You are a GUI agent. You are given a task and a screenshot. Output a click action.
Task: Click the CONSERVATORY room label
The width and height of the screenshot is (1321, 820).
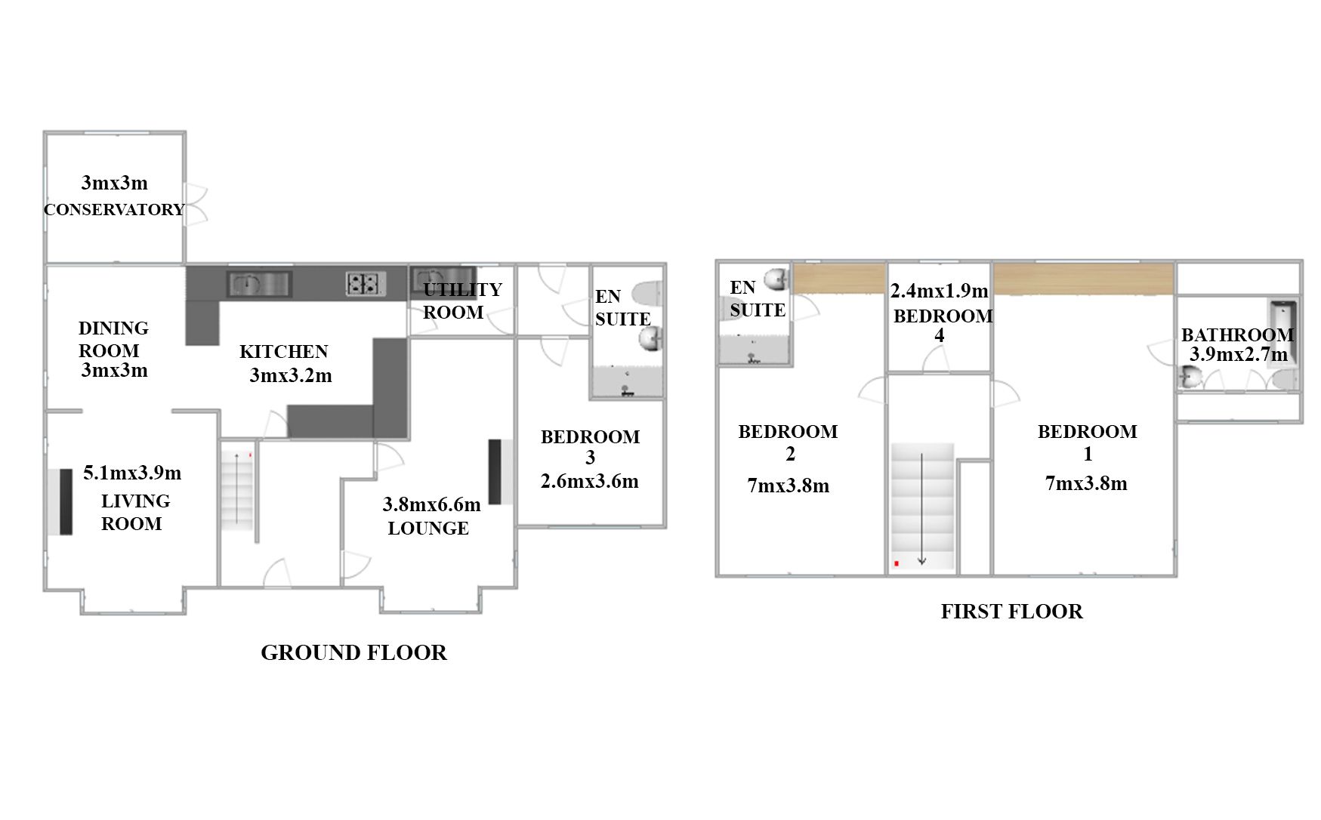coord(114,209)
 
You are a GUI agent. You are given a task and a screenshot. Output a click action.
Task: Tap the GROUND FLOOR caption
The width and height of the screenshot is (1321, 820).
coord(353,652)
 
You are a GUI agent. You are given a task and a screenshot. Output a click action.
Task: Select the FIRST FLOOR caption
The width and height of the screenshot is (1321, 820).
coord(1011,611)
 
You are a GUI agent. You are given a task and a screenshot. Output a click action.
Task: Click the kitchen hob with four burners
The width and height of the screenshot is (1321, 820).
coord(366,283)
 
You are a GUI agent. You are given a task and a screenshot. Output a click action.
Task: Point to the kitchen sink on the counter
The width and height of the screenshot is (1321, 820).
coord(259,284)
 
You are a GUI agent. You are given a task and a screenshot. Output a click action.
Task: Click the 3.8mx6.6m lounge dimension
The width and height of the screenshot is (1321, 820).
coord(431,504)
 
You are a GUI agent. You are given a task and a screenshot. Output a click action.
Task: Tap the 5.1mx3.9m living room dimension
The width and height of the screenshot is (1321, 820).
coord(132,473)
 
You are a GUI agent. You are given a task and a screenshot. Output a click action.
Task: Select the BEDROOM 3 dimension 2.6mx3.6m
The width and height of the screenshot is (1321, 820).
coord(590,481)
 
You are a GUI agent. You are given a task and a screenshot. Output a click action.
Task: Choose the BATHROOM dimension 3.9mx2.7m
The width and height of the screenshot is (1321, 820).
coord(1239,354)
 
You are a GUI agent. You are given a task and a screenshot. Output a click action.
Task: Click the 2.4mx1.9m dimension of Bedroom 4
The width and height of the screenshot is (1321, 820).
coord(939,291)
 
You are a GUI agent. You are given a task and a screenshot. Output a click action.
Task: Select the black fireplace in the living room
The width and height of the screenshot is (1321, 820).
coord(66,501)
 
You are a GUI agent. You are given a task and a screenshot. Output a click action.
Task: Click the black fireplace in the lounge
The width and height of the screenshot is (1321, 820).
coord(495,472)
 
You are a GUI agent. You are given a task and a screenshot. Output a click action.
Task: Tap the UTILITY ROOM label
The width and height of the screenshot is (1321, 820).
coord(461,301)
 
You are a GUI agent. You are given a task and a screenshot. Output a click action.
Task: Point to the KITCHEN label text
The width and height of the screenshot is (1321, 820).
coord(284,351)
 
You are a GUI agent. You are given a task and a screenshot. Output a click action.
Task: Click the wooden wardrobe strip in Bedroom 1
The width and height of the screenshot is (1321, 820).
coord(1083,279)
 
